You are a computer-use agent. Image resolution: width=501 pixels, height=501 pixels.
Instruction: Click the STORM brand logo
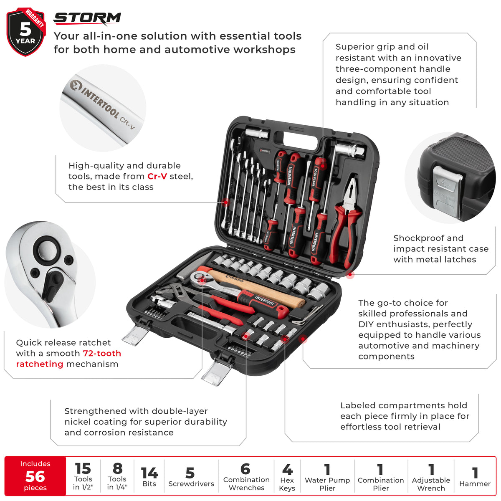click(x=87, y=19)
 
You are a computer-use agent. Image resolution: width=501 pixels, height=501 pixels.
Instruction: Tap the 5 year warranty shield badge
click(x=26, y=32)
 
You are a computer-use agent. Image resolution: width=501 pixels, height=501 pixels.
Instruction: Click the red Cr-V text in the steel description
click(x=157, y=176)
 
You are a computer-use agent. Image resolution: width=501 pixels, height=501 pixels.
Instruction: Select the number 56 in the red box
click(x=35, y=476)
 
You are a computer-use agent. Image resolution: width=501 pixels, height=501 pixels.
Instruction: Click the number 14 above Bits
click(x=149, y=473)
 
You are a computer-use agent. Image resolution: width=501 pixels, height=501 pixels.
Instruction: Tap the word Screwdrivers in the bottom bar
click(x=191, y=484)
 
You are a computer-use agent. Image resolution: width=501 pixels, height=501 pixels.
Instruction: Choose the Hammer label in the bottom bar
click(x=475, y=484)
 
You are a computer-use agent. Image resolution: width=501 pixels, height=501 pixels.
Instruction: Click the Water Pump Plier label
click(x=327, y=484)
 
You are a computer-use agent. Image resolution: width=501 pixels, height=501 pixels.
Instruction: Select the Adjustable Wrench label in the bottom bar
click(x=431, y=484)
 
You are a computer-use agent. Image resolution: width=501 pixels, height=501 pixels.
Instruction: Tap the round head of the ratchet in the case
click(x=200, y=278)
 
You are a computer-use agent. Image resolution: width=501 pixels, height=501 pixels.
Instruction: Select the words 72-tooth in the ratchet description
click(x=102, y=353)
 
